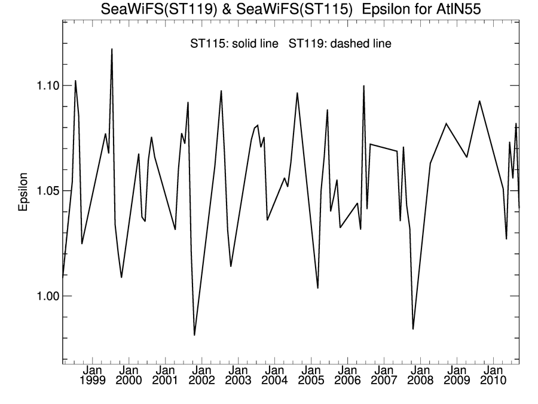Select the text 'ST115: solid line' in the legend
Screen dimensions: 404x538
(x=234, y=44)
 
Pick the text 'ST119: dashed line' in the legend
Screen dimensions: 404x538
(x=340, y=44)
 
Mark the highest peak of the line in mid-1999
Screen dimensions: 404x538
(x=112, y=49)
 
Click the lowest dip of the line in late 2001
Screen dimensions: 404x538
(x=194, y=335)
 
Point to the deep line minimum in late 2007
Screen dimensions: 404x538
(x=412, y=329)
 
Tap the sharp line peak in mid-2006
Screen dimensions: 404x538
(x=363, y=86)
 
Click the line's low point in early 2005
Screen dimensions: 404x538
(x=317, y=288)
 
